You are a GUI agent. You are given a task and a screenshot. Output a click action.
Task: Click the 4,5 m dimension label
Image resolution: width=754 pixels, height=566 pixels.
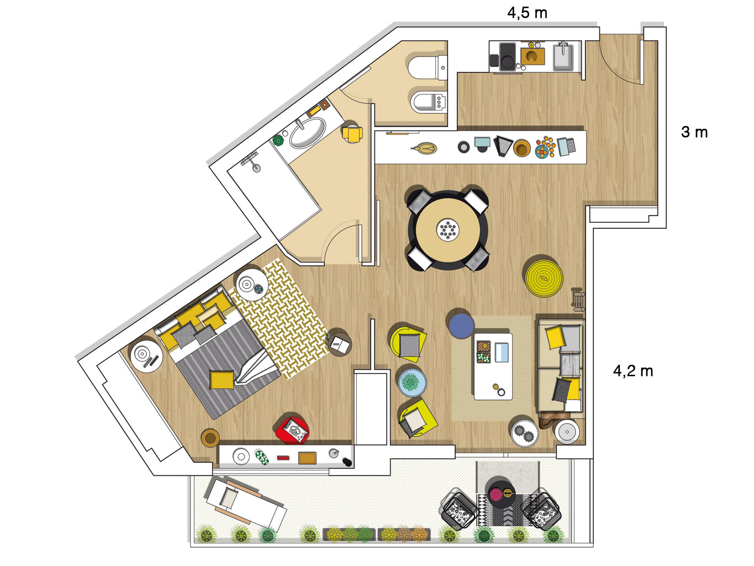pos(527,13)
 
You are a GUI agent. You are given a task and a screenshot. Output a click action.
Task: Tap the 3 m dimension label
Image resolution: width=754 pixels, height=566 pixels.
pos(694,132)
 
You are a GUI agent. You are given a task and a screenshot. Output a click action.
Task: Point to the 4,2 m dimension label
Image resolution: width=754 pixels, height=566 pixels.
pos(633,371)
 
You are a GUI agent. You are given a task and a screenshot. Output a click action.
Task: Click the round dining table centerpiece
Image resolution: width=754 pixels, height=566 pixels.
pos(448,229)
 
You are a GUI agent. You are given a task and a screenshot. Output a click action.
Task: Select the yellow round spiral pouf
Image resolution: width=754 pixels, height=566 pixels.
pos(544,278)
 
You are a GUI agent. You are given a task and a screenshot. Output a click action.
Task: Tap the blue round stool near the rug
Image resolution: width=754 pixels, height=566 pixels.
pos(461,325)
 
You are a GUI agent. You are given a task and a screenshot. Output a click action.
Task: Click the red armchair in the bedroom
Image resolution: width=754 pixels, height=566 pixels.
pos(293,431)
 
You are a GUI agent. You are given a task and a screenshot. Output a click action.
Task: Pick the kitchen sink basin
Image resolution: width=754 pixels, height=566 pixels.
pos(563,56)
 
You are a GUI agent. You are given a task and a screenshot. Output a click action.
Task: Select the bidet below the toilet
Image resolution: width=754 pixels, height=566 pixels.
pos(429,102)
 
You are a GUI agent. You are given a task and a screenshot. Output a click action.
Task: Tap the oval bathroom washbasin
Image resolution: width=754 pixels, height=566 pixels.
pos(308,133)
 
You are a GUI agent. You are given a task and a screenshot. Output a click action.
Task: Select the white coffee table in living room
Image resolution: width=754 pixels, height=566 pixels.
pos(493,366)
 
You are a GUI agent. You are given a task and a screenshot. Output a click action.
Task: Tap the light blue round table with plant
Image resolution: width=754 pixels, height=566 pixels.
pos(412,382)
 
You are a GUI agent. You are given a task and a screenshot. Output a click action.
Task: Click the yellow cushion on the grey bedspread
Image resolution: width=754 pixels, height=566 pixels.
pos(222,380)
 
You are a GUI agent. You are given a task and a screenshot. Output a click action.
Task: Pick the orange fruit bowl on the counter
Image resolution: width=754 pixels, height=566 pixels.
pos(545,148)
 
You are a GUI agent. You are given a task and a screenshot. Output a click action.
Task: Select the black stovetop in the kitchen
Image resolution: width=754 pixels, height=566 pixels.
pos(507,56)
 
